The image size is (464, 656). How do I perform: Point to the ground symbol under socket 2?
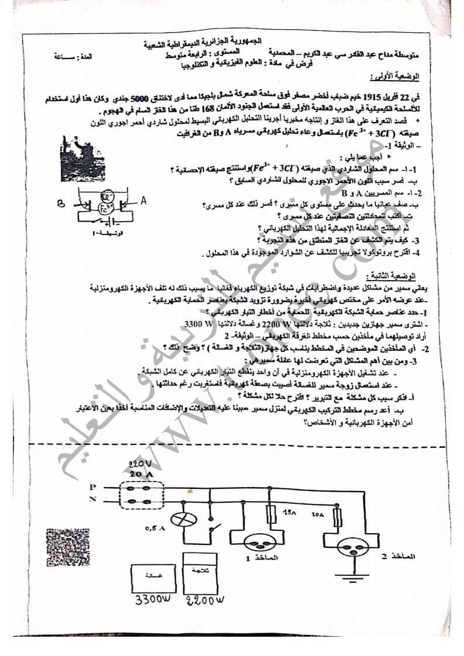(358, 578)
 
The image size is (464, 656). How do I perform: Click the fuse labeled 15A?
(271, 514)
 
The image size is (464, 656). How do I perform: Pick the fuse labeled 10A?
(338, 517)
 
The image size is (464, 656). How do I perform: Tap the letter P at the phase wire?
(92, 486)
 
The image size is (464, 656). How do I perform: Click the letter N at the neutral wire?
(92, 500)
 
